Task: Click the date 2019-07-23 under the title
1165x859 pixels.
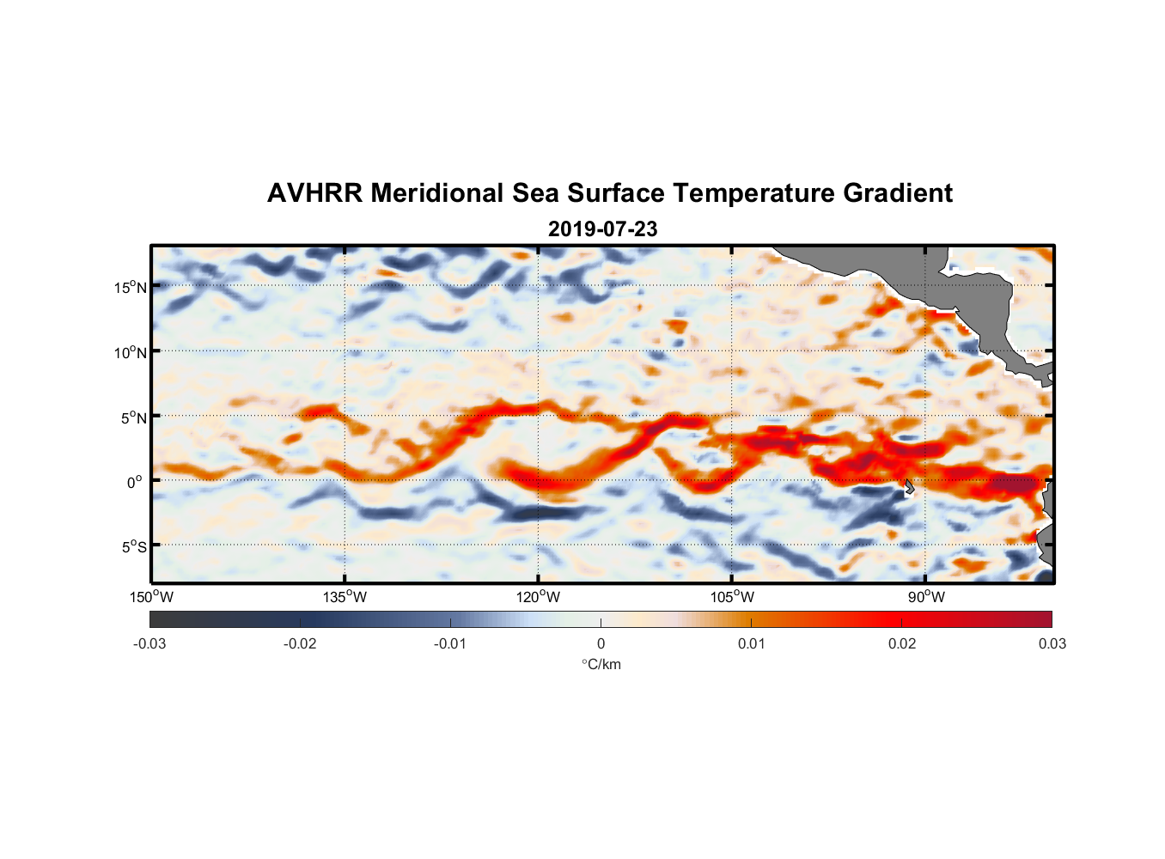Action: pos(602,229)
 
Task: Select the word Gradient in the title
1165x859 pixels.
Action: pos(897,193)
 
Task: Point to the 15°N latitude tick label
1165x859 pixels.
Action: pos(130,288)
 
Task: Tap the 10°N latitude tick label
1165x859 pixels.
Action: pos(130,353)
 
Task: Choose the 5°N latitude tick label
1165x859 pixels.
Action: pos(133,418)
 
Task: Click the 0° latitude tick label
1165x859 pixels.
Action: pos(135,483)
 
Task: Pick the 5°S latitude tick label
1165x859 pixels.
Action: pos(133,547)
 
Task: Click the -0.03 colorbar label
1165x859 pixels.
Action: pos(149,644)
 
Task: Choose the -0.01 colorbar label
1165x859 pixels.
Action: pos(449,644)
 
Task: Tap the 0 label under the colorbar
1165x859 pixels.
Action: pos(601,644)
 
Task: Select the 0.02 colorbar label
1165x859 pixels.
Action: pos(902,644)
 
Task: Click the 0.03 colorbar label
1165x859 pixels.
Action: pos(1052,644)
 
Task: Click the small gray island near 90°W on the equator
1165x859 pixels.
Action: pos(909,487)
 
